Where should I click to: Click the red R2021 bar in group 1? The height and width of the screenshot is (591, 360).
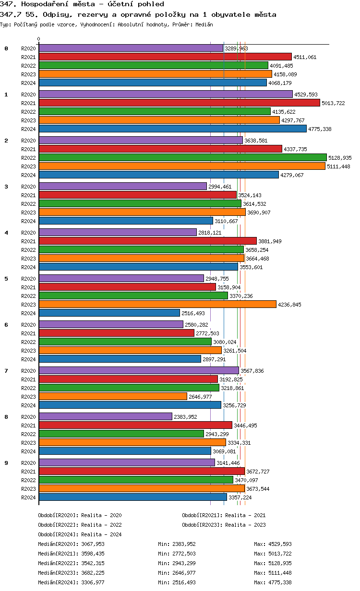(x=179, y=103)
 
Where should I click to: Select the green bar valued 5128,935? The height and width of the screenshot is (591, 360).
(x=182, y=157)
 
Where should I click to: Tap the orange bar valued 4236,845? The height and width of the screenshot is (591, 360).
(x=157, y=304)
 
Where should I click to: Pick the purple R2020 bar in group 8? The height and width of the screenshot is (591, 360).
(x=105, y=416)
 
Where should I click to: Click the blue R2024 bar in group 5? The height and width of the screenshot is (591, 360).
(x=109, y=313)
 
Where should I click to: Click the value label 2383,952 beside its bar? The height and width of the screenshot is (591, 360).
(x=185, y=417)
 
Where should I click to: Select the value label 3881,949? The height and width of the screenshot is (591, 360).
(x=270, y=241)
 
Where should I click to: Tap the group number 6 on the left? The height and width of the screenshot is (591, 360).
(x=6, y=325)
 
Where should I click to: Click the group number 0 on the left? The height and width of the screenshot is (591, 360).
(x=6, y=48)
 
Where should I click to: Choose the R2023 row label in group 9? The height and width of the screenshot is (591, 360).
(x=29, y=489)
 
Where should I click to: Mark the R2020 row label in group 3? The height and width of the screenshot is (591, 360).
(x=29, y=187)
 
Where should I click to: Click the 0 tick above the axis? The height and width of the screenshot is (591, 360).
(x=39, y=39)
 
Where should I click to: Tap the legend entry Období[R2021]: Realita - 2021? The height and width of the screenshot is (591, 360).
(x=224, y=515)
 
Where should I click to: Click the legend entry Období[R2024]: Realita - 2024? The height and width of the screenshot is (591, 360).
(x=80, y=534)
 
